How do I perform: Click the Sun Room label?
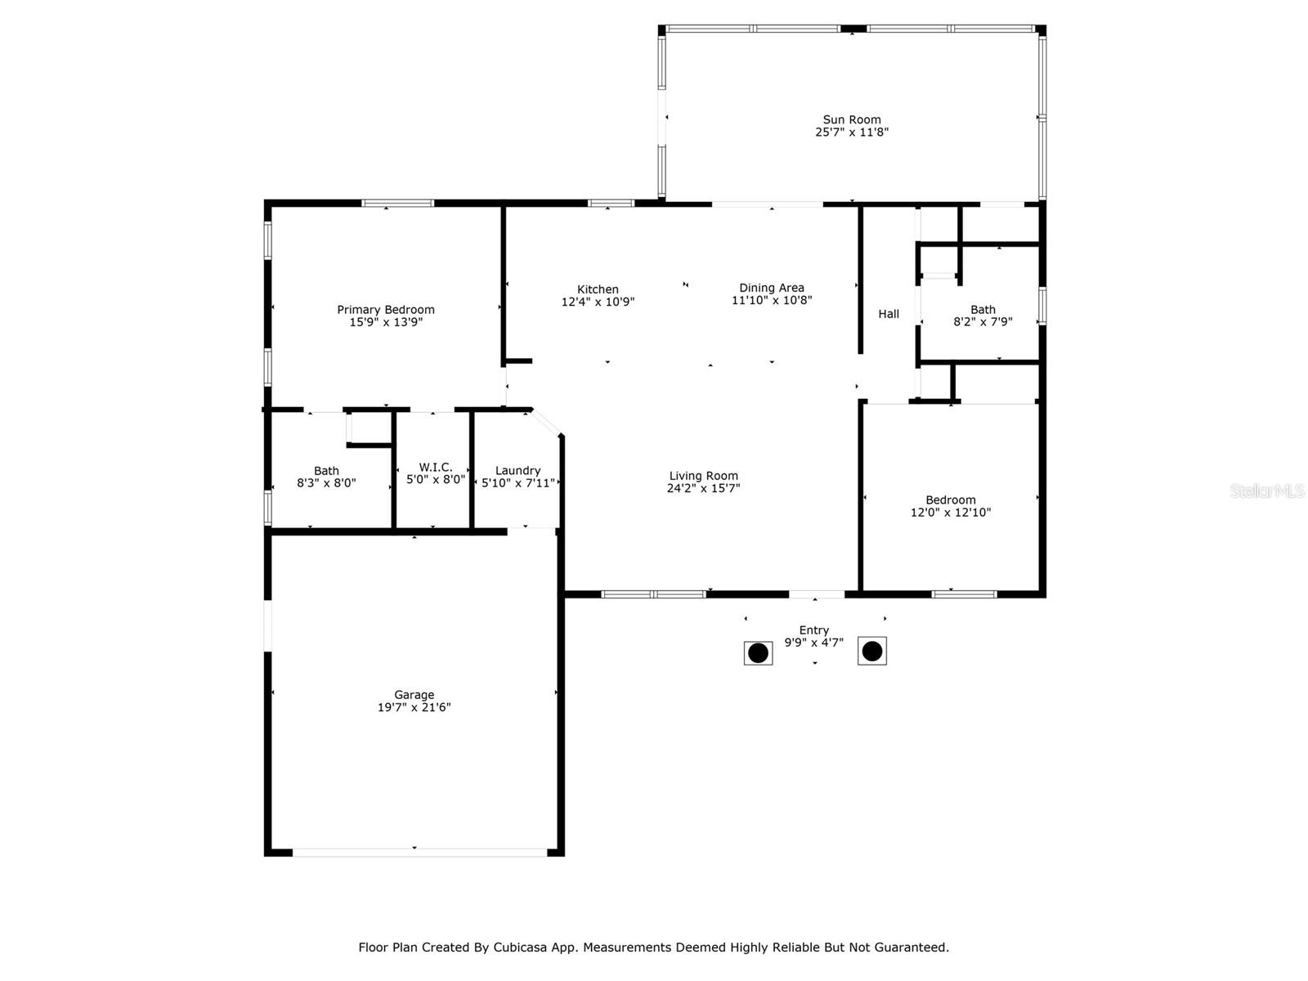[851, 119]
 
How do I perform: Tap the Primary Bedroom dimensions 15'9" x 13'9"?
[386, 322]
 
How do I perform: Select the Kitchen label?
[598, 289]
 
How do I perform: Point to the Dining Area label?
[771, 288]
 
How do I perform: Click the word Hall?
[889, 314]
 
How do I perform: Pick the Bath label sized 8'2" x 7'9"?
[983, 310]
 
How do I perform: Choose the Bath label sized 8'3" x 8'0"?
[326, 471]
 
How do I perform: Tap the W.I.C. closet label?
[436, 467]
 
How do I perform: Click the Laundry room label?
[517, 471]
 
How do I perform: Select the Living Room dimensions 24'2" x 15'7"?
[703, 488]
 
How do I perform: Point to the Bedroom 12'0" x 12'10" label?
[950, 500]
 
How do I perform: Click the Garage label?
[414, 695]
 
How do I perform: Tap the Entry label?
[813, 630]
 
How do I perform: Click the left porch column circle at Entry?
[758, 653]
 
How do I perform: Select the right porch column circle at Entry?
[872, 652]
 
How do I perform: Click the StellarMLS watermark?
[1266, 491]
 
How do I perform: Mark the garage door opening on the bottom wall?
[419, 852]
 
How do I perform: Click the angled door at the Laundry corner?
[546, 422]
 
